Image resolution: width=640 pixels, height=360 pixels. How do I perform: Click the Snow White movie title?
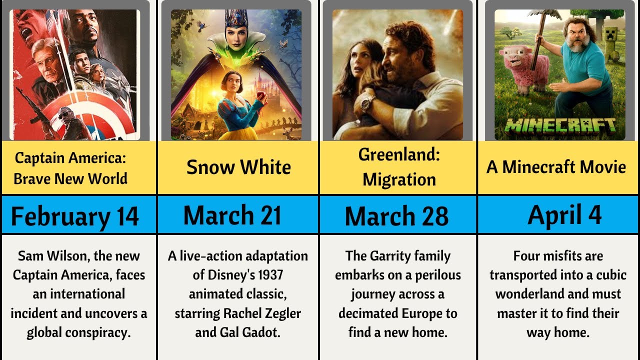(x=238, y=167)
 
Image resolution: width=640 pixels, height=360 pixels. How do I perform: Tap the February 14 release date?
(x=75, y=216)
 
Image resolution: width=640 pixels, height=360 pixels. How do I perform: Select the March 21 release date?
(x=232, y=215)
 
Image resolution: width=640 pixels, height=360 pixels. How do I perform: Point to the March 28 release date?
(x=396, y=216)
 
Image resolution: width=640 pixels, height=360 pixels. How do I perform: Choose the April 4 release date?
(x=564, y=215)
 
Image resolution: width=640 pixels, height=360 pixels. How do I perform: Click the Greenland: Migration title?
(x=399, y=167)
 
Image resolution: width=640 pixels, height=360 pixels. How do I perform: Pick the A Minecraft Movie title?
(x=556, y=167)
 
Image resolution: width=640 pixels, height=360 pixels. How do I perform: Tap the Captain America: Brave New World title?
(x=70, y=168)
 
